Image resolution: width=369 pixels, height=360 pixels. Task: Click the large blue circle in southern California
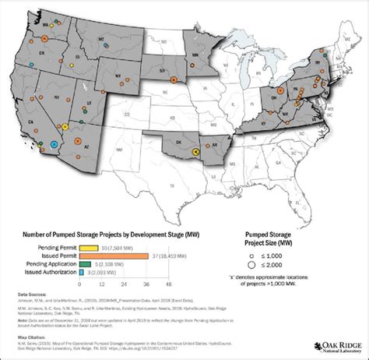[x=53, y=144]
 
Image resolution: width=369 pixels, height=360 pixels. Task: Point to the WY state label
[x=118, y=76]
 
